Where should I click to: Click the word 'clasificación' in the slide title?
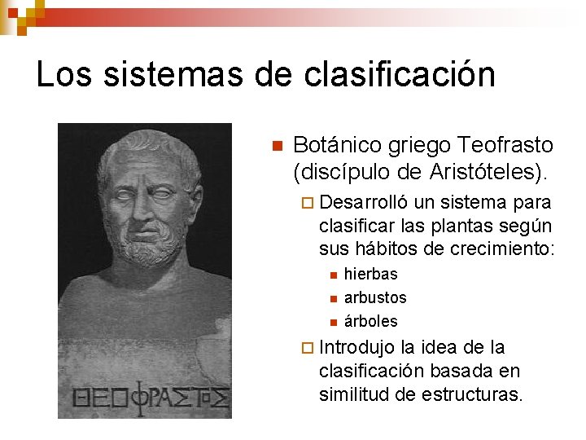coord(399,74)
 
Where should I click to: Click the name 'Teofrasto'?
coord(505,146)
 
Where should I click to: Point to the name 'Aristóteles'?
coord(482,172)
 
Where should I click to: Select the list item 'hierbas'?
coord(371,275)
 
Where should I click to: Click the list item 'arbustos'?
coord(375,297)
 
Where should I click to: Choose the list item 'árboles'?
coord(371,321)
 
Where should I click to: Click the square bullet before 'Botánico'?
coord(277,147)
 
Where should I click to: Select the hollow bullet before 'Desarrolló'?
coord(306,203)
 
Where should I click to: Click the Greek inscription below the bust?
coord(151,398)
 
